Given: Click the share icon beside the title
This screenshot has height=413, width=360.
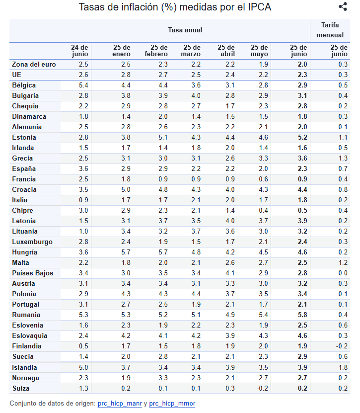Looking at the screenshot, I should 343,7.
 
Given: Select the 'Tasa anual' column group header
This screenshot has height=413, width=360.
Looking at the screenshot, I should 185,30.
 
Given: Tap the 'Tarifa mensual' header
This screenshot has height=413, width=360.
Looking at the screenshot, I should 330,30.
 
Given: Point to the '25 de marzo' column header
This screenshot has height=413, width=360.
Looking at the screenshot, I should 191,51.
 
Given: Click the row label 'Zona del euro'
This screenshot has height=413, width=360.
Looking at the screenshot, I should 34,64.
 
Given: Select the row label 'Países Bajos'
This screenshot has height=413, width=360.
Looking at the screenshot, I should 32,273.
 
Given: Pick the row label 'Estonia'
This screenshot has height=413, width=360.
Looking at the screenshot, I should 24,137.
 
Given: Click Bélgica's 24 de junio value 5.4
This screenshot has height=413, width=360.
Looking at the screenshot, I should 83,85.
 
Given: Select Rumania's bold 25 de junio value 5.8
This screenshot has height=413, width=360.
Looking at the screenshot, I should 302,315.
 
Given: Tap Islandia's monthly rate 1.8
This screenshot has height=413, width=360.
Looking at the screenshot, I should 343,367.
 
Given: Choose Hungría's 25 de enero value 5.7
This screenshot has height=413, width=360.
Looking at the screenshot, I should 126,252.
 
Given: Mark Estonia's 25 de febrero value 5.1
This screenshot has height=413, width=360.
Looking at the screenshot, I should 163,137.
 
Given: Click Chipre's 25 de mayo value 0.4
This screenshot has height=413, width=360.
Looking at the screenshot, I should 263,210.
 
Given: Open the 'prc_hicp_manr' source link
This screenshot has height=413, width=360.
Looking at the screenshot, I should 119,404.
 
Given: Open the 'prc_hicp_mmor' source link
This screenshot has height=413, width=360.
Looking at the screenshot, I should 172,404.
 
